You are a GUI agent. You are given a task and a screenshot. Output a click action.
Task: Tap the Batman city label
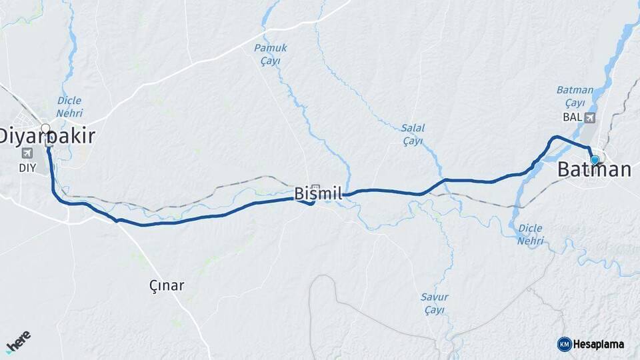pyautogui.click(x=594, y=170)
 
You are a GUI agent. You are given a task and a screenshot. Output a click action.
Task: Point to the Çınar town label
pyautogui.click(x=167, y=285)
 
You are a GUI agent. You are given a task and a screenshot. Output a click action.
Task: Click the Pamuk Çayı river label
pyautogui.click(x=270, y=54)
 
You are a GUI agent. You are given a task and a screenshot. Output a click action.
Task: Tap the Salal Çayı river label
pyautogui.click(x=413, y=134)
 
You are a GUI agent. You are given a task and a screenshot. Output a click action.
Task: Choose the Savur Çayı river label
pyautogui.click(x=434, y=303)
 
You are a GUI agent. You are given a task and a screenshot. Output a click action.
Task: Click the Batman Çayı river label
pyautogui.click(x=574, y=97)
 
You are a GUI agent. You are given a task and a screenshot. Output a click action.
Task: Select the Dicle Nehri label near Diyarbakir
pyautogui.click(x=69, y=107)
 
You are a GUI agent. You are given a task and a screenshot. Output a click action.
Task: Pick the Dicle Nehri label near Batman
pyautogui.click(x=530, y=234)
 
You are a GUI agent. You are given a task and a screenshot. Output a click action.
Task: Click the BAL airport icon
pyautogui.click(x=589, y=118)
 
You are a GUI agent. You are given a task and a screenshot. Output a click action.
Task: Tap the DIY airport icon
pyautogui.click(x=27, y=153)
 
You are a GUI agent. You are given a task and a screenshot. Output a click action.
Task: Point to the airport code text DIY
pyautogui.click(x=27, y=167)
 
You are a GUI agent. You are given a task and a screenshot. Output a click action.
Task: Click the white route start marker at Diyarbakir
pyautogui.click(x=45, y=128)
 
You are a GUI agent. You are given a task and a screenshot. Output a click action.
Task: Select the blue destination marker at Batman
pyautogui.click(x=595, y=160)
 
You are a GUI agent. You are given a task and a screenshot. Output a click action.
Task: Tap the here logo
pyautogui.click(x=19, y=341)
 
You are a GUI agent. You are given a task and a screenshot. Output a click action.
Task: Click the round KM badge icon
pyautogui.click(x=564, y=344)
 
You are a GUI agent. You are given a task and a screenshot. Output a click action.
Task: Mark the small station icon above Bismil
pyautogui.click(x=315, y=189)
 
